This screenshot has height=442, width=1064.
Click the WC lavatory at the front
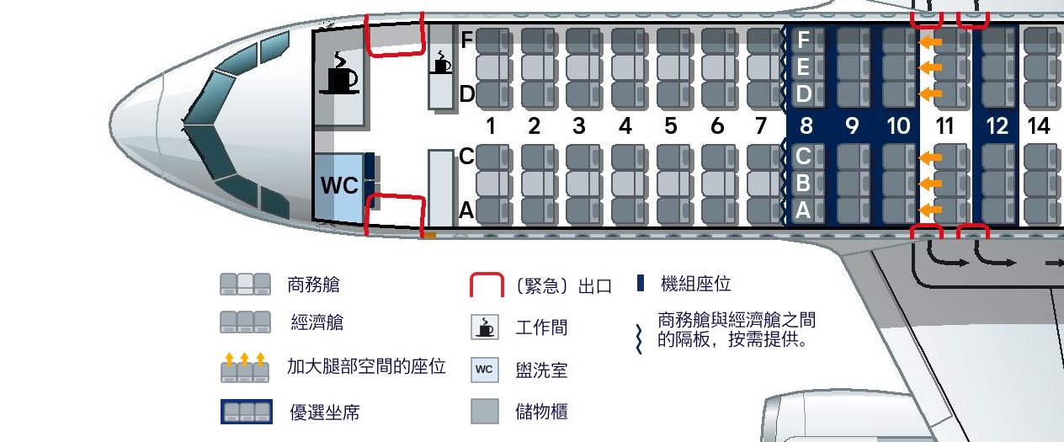340,185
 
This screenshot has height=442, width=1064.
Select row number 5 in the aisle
670,126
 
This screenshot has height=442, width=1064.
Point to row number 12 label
997,126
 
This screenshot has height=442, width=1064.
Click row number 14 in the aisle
1040,126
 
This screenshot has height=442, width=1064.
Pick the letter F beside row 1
467,39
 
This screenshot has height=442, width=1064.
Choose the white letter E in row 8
804,67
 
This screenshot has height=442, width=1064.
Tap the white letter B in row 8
803,183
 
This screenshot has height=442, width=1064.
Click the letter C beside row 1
466,156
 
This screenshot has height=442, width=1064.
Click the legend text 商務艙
313,285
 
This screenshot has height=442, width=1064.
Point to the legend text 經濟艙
317,322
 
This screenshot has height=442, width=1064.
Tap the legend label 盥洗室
541,370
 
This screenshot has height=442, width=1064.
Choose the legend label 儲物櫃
541,412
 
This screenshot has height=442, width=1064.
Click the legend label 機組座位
696,285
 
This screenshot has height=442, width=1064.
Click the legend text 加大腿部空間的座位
366,367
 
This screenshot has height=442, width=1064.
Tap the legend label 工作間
541,328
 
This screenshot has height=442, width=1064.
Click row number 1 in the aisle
488,126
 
